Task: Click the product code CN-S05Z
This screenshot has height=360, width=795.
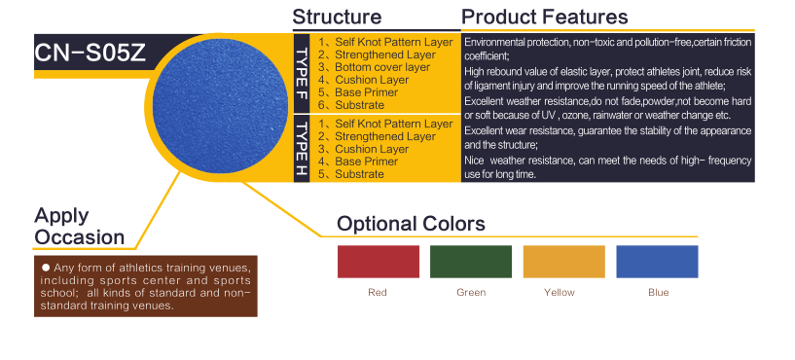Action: click(x=90, y=53)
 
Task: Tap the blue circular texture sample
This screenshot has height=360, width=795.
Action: click(x=220, y=105)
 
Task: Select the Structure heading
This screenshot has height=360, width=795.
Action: click(x=337, y=17)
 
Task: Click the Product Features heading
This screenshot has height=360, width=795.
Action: click(x=545, y=17)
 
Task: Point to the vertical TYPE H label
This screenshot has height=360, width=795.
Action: click(x=302, y=149)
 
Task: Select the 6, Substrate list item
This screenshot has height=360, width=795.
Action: click(x=351, y=105)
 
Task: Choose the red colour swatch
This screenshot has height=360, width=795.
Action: click(x=379, y=262)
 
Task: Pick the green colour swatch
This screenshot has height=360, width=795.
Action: click(x=471, y=262)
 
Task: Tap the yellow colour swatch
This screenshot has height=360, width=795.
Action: click(x=563, y=262)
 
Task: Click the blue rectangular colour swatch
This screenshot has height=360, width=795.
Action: click(x=657, y=262)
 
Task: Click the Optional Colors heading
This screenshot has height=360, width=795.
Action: click(x=411, y=224)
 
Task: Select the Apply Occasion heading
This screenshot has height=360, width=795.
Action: click(x=80, y=226)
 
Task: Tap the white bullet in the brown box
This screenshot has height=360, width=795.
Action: click(x=46, y=268)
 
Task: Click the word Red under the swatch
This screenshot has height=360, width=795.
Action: click(x=378, y=293)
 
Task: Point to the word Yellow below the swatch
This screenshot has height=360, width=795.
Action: click(x=560, y=293)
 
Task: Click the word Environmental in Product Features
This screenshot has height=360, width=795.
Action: click(x=490, y=42)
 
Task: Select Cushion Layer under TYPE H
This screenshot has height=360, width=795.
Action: click(x=372, y=149)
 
